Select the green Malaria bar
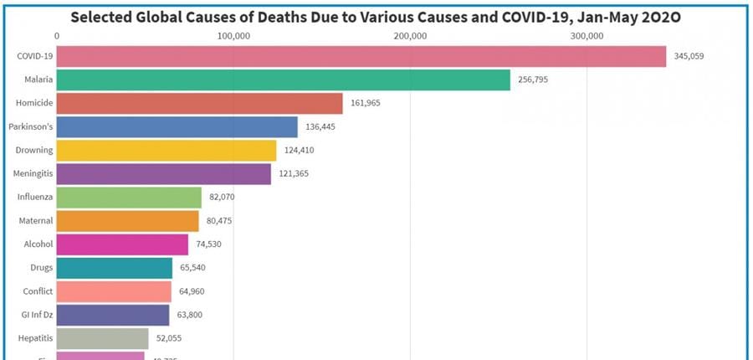click(284, 80)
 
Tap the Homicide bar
click(200, 103)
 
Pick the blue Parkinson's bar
click(177, 126)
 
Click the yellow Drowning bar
click(166, 150)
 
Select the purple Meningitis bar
click(164, 173)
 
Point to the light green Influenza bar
click(130, 197)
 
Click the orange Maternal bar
click(128, 221)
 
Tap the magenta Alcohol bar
click(123, 244)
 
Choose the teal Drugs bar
click(115, 268)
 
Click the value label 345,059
click(692, 57)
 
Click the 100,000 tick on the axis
click(233, 35)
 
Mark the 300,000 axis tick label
click(587, 35)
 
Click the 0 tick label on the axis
click(57, 35)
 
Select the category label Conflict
click(38, 291)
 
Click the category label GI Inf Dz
click(36, 315)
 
